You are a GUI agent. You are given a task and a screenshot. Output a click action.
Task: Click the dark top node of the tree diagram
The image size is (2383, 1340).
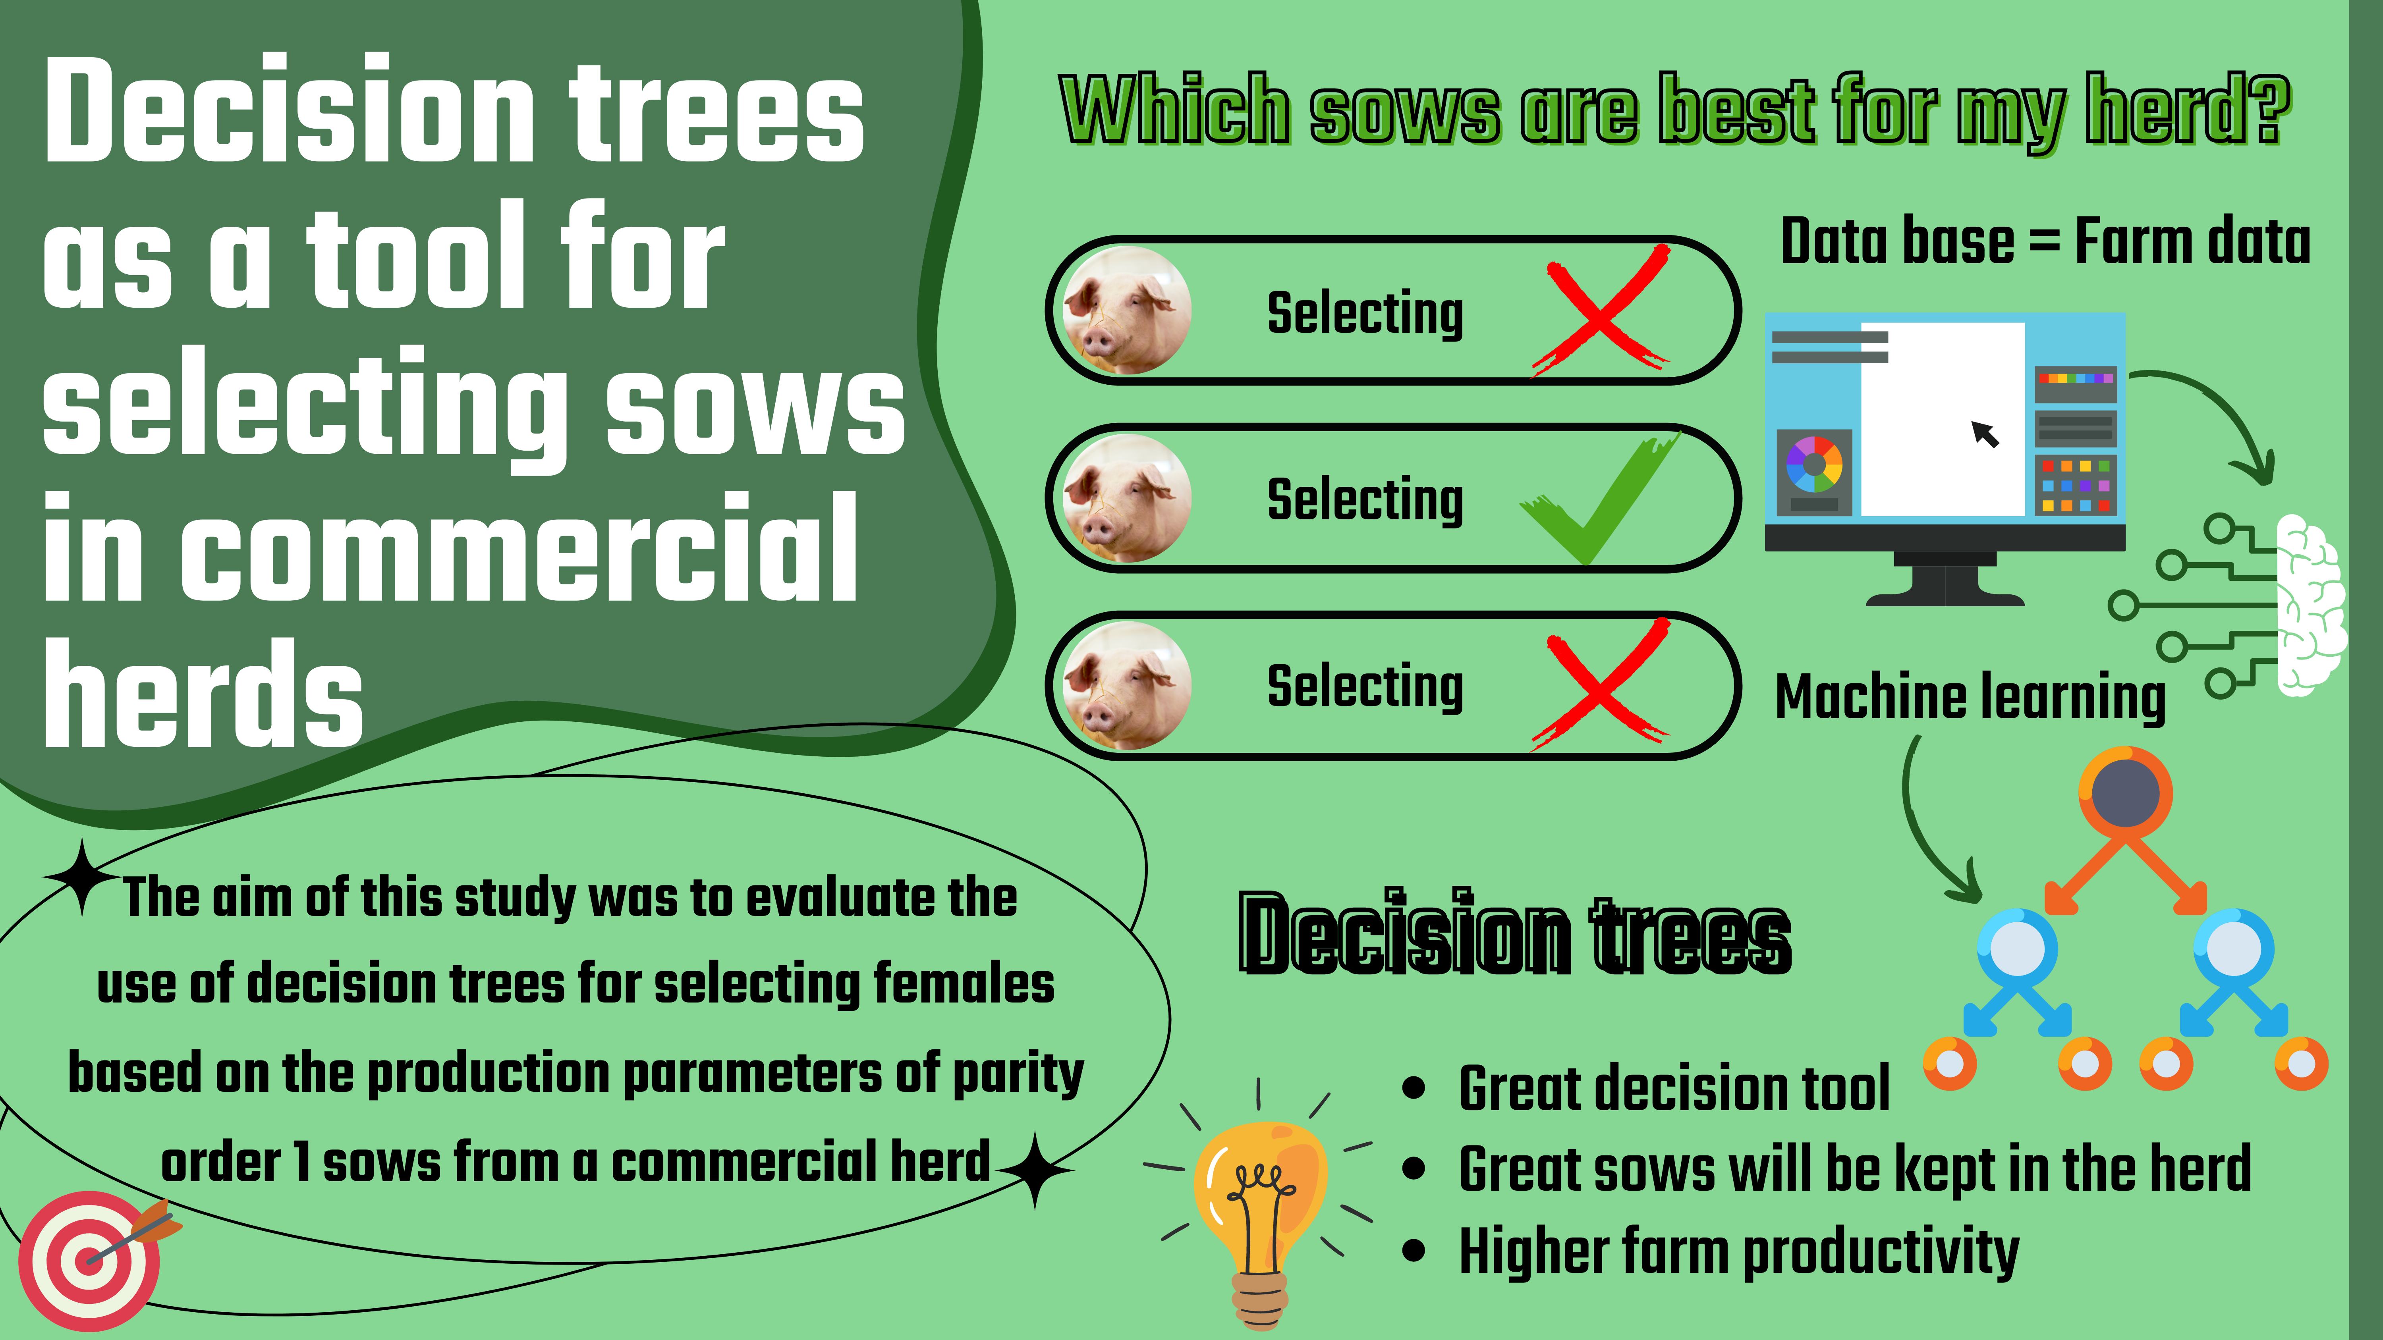[x=2125, y=793]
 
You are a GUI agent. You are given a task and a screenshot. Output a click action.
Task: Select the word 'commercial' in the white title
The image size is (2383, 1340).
[x=518, y=548]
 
